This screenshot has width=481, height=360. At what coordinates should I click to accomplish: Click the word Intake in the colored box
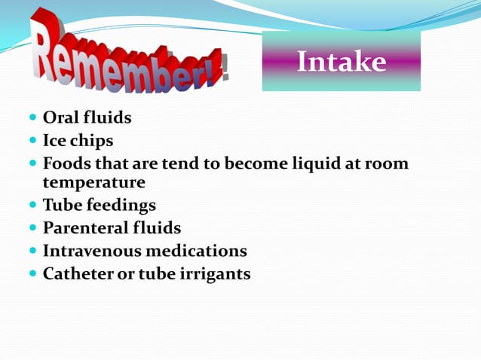coord(341,62)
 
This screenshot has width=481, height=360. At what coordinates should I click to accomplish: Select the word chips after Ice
coord(93,141)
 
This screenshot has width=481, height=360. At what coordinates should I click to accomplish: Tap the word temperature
coord(94,182)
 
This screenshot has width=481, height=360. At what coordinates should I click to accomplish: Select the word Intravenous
coord(91,251)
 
